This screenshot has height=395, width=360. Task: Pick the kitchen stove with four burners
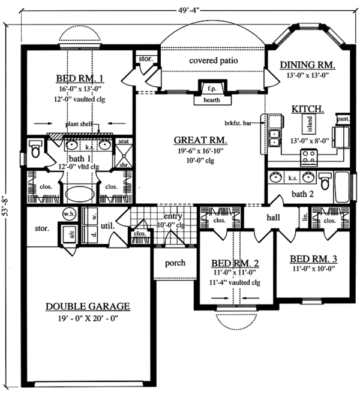308,157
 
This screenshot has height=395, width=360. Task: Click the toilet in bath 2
325,180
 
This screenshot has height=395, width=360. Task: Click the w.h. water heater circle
67,213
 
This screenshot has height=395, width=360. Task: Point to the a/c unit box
65,232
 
